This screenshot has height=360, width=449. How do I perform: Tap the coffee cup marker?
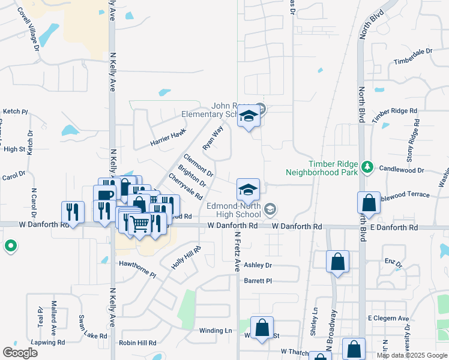[104, 196]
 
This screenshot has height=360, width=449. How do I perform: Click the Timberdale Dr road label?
[413, 57]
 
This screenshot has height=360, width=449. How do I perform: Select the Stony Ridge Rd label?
[414, 142]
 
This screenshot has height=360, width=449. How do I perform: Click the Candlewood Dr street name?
[401, 170]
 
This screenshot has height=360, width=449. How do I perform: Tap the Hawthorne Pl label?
[137, 269]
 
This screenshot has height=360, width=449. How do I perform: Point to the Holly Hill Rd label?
[185, 257]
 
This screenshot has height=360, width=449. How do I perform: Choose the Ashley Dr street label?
[258, 265]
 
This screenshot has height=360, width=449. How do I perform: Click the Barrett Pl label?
[258, 281]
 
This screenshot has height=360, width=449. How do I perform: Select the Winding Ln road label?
[215, 331]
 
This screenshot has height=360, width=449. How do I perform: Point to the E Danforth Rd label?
[394, 228]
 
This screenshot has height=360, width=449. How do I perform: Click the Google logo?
[20, 352]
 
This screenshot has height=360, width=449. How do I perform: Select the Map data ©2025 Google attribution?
[412, 355]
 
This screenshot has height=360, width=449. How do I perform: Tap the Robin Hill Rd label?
[137, 343]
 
